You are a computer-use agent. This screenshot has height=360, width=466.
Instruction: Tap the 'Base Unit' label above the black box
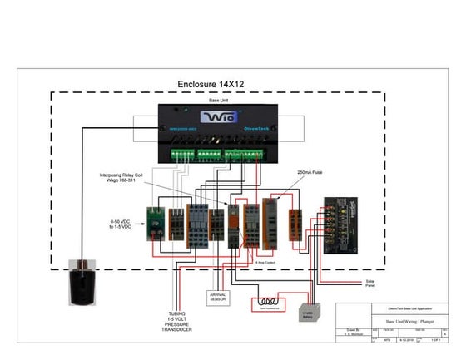[218, 100]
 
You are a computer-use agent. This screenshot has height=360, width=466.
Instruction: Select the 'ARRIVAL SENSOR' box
[217, 298]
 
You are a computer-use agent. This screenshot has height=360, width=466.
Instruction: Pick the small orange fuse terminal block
[295, 220]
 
